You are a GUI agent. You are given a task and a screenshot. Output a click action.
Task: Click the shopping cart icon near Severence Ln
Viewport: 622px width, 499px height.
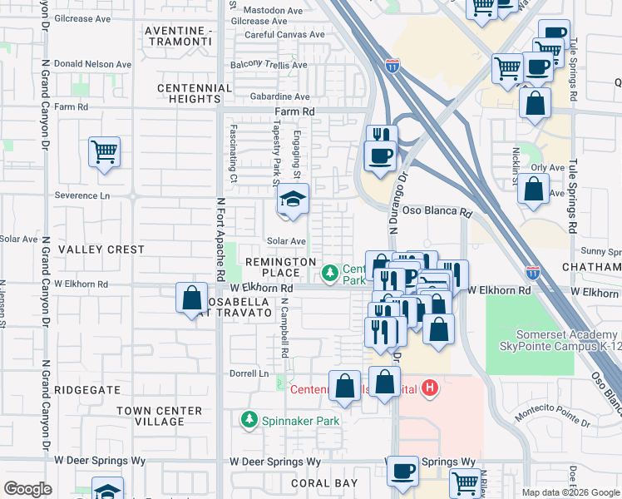[105, 152]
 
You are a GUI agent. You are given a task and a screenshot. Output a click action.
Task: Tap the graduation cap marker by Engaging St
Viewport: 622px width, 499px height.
[293, 200]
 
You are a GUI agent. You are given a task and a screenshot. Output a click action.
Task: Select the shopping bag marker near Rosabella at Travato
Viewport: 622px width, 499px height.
[192, 297]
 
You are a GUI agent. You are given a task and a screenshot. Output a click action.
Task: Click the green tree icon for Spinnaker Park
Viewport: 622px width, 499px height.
[249, 421]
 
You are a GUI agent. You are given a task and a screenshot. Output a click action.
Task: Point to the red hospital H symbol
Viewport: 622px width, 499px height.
[430, 388]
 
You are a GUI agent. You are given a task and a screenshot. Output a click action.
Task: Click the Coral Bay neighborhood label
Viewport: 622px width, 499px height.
[324, 482]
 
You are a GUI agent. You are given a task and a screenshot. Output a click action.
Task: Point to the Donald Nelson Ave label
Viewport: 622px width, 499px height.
[91, 64]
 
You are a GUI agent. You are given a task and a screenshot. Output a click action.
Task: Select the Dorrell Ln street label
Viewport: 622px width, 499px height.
[252, 374]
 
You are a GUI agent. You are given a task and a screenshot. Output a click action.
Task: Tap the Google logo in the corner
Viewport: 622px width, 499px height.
[27, 489]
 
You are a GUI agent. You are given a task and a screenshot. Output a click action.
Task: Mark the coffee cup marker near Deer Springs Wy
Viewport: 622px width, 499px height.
[403, 471]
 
